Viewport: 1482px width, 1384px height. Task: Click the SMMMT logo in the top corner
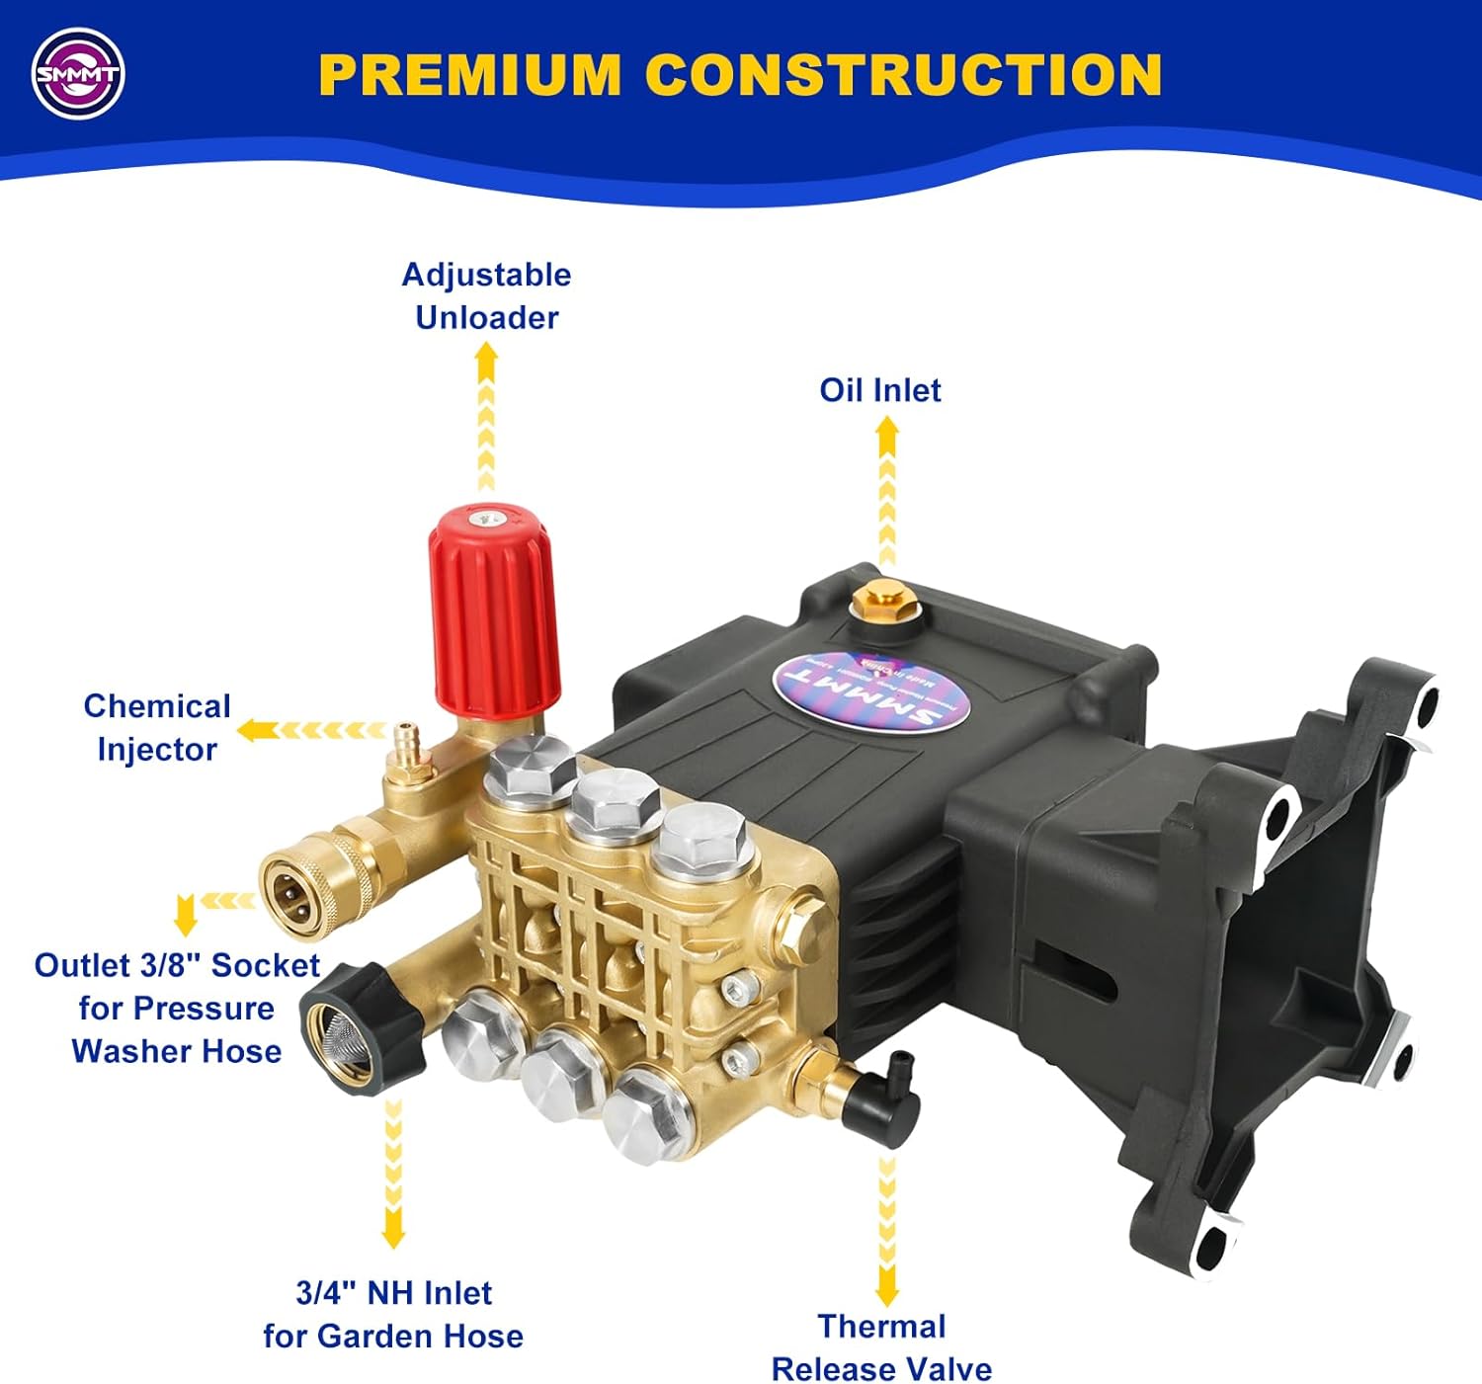click(78, 74)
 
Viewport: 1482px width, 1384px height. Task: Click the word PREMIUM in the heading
click(469, 75)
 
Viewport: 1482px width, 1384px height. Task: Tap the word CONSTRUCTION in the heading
click(903, 75)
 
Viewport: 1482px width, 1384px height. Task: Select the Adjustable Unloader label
click(486, 295)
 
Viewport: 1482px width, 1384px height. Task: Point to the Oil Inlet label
click(879, 390)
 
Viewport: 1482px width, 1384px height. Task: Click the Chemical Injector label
click(157, 727)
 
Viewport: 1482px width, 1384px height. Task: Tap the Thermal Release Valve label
click(881, 1347)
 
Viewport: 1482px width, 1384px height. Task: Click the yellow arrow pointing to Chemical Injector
click(260, 730)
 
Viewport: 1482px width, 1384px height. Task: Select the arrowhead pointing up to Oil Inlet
click(887, 430)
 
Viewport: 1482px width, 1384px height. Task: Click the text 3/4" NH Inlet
click(393, 1292)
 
